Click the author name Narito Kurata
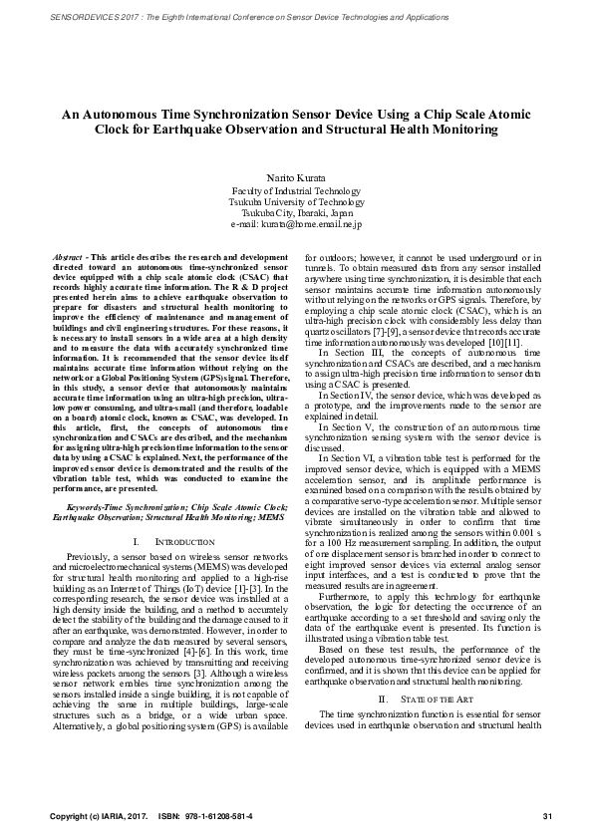pyautogui.click(x=296, y=176)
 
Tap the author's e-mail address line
pyautogui.click(x=296, y=225)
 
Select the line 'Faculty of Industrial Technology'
pyautogui.click(x=296, y=189)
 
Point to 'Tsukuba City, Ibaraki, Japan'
pyautogui.click(x=296, y=213)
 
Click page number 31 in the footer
pyautogui.click(x=546, y=816)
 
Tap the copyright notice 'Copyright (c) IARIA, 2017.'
pyautogui.click(x=99, y=816)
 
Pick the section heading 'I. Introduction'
pyautogui.click(x=166, y=541)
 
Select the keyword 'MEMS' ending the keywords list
pyautogui.click(x=270, y=518)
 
